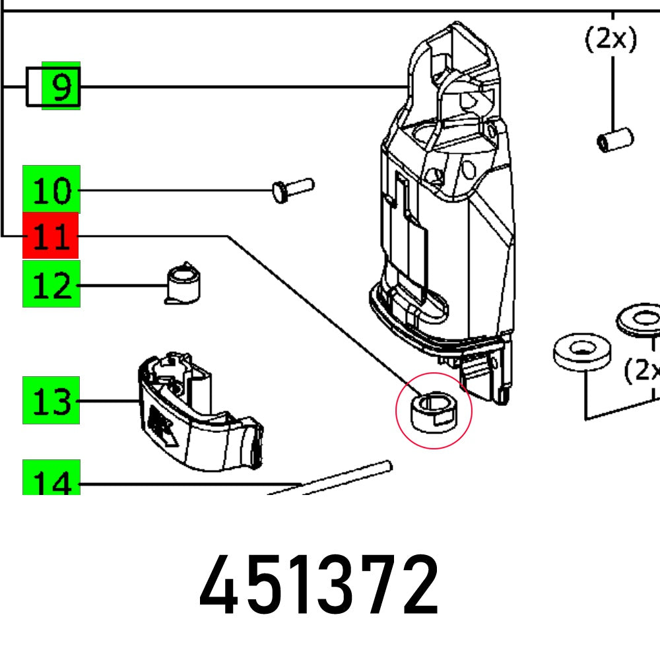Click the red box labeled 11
click(x=51, y=236)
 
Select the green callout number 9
click(x=61, y=86)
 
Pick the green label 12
click(x=51, y=284)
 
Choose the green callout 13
click(x=51, y=401)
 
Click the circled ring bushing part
click(x=432, y=411)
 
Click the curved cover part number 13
click(x=198, y=416)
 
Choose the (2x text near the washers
click(x=642, y=372)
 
